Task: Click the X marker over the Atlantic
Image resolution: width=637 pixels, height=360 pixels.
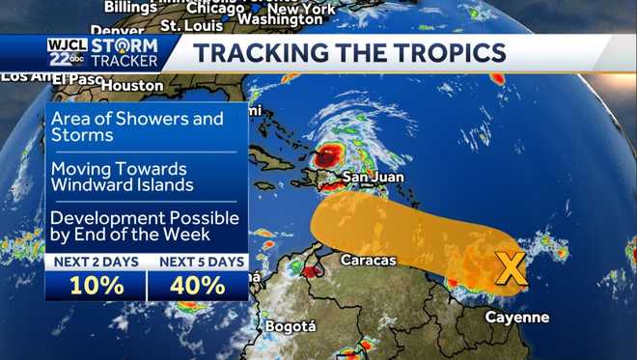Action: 511,269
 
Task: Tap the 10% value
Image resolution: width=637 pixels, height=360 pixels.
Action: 97,286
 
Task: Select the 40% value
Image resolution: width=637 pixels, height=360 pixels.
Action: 198,286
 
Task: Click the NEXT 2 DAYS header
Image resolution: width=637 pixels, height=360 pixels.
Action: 97,263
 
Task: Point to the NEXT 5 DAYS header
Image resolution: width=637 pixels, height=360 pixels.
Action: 198,263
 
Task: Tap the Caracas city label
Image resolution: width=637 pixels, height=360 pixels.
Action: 369,260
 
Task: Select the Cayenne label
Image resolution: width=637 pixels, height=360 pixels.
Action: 516,317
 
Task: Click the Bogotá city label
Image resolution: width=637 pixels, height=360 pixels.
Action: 290,326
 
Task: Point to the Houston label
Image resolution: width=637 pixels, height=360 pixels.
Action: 132,85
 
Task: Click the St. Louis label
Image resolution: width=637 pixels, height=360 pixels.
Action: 186,24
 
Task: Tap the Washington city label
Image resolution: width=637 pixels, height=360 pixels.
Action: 279,19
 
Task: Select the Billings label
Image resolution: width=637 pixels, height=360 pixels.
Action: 129,7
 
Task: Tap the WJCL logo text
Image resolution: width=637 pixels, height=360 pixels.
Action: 67,44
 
